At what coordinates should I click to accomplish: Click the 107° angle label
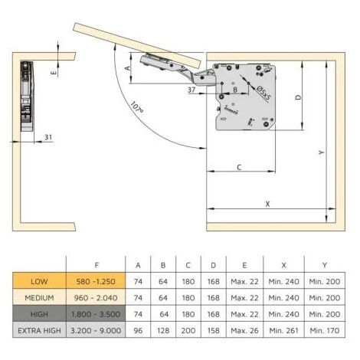(137, 107)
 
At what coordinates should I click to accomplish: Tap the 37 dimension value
(191, 90)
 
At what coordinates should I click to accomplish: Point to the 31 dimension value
(48, 137)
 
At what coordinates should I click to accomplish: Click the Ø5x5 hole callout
(263, 93)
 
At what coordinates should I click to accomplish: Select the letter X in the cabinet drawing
(267, 204)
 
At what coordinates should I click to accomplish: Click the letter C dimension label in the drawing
(239, 167)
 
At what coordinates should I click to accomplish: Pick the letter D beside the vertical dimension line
(298, 97)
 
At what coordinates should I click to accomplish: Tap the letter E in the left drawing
(54, 73)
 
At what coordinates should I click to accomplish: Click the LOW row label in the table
(39, 281)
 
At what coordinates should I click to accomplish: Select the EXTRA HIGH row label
(39, 330)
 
